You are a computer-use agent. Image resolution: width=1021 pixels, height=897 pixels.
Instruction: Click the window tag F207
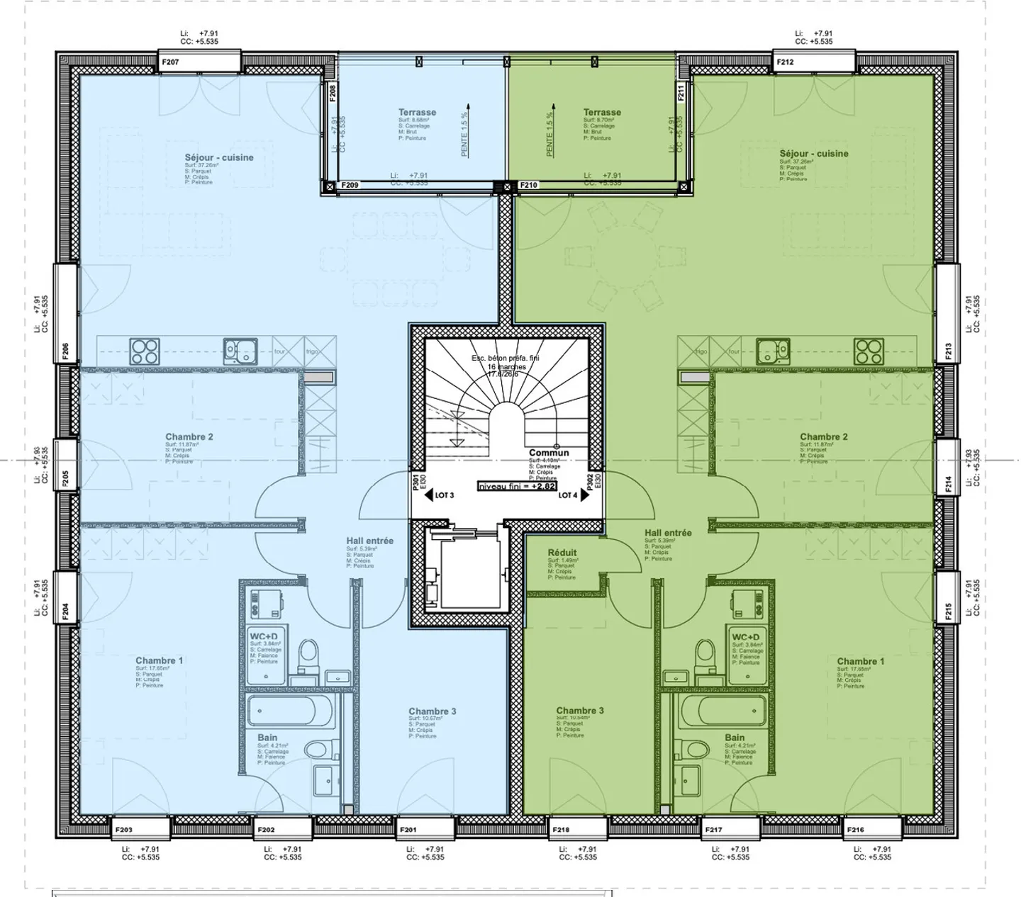170,62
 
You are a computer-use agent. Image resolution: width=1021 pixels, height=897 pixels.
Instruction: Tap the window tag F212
785,62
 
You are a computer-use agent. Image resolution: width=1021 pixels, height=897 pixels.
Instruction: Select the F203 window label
123,830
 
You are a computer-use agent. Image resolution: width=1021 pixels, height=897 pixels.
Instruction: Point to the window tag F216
855,830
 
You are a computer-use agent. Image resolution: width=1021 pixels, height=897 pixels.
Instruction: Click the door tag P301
415,482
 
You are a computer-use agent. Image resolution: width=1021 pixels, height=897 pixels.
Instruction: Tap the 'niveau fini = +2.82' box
517,487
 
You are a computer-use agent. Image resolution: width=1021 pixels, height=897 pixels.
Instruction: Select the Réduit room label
562,553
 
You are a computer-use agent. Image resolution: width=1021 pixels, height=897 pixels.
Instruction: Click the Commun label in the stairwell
549,453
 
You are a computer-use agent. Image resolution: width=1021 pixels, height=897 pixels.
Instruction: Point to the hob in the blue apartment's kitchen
144,351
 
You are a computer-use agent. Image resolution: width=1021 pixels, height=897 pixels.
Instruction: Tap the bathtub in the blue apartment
291,711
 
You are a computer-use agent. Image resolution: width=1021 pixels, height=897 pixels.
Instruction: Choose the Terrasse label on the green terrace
602,112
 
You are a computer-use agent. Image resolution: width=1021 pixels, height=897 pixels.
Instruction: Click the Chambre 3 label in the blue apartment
432,711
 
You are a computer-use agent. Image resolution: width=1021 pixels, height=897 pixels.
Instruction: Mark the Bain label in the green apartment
735,738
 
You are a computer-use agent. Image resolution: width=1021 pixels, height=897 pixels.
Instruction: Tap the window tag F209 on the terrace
350,186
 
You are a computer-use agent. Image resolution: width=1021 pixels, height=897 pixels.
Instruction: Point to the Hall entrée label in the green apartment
668,533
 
